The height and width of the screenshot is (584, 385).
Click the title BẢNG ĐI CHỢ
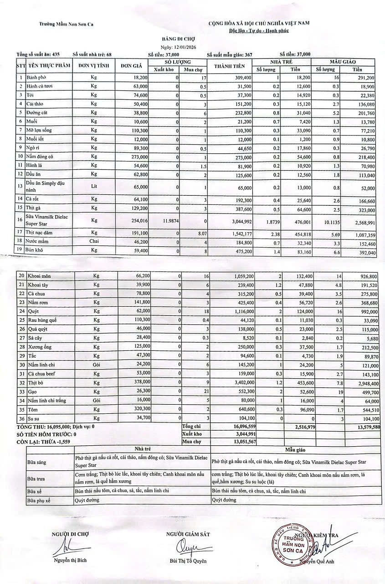coord(175,39)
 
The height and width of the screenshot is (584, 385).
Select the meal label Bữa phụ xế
coord(39,500)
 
